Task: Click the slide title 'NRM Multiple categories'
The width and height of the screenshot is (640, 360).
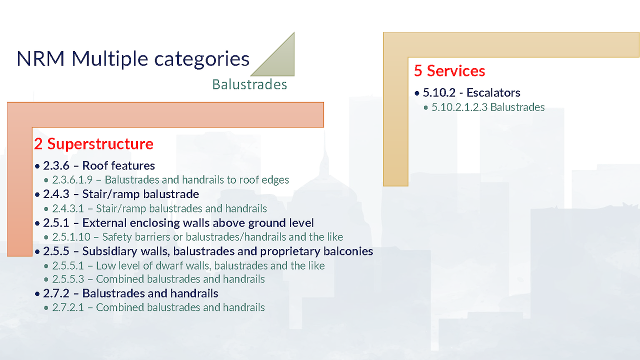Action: click(x=133, y=59)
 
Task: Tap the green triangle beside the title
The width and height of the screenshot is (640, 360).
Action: click(x=280, y=61)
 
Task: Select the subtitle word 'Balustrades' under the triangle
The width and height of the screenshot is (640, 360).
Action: click(x=249, y=84)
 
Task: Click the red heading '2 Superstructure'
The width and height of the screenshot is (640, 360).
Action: click(x=93, y=143)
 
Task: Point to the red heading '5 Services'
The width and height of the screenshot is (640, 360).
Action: click(x=449, y=71)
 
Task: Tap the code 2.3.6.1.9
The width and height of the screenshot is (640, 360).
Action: click(x=72, y=179)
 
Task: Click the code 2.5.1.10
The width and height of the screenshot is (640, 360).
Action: click(x=71, y=237)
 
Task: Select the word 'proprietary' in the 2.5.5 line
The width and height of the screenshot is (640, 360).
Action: click(x=290, y=251)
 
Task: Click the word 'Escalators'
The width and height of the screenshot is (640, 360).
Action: click(x=493, y=92)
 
